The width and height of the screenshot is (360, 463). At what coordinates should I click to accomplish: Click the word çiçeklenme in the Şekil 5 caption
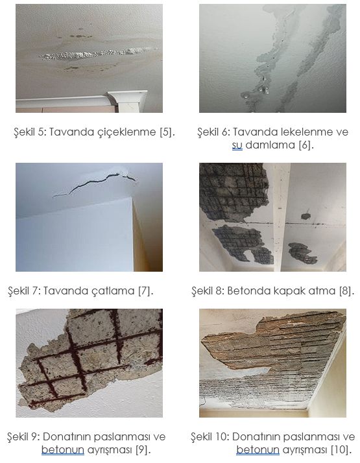pyautogui.click(x=126, y=132)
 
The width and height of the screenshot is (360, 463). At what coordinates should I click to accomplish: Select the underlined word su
pyautogui.click(x=237, y=145)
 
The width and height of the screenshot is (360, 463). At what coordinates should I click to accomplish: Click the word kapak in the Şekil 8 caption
pyautogui.click(x=289, y=291)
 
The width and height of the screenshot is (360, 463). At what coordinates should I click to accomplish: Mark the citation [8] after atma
pyautogui.click(x=346, y=291)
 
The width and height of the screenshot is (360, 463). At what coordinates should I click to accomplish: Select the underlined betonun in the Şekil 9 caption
pyautogui.click(x=63, y=450)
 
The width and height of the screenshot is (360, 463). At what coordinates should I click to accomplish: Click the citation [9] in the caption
pyautogui.click(x=143, y=450)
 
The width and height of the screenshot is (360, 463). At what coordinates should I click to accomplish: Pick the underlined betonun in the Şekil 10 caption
pyautogui.click(x=258, y=450)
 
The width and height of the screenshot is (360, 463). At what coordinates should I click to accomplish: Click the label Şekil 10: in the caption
pyautogui.click(x=210, y=436)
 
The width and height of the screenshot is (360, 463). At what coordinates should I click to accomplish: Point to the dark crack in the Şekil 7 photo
pyautogui.click(x=94, y=183)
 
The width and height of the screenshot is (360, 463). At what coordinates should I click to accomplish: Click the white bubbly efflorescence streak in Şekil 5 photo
pyautogui.click(x=99, y=54)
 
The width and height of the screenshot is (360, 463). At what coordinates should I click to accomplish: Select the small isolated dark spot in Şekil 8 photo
pyautogui.click(x=306, y=216)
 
